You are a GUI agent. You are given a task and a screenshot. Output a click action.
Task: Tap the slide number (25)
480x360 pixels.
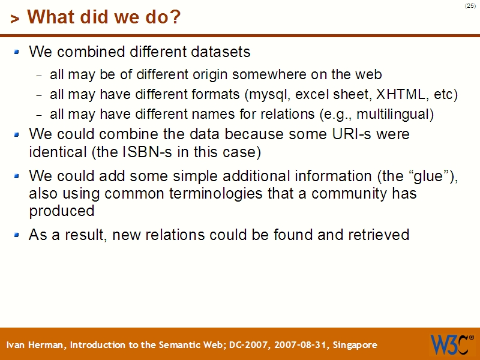(470, 6)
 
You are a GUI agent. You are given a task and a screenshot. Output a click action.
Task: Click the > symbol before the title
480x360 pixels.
(14, 19)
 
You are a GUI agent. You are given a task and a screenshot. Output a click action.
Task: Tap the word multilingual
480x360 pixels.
(395, 114)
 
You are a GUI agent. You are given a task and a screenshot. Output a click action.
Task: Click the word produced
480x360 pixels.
(62, 211)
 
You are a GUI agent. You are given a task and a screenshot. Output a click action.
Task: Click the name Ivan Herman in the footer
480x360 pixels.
(37, 345)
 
